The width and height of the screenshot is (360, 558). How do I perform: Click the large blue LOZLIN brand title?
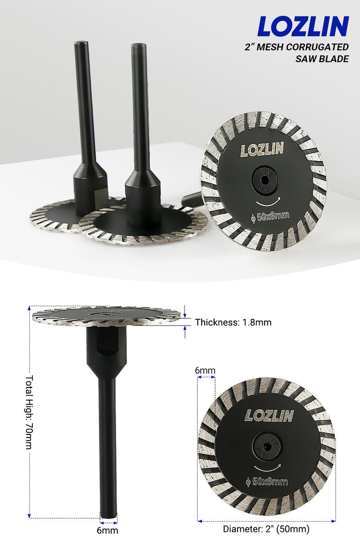click(x=303, y=27)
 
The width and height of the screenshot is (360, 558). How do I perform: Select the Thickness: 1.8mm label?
click(x=233, y=322)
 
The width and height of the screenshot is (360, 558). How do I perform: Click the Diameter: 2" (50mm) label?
click(x=266, y=529)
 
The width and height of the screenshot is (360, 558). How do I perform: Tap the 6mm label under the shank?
click(x=108, y=531)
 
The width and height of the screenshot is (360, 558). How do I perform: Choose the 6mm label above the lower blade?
click(x=205, y=370)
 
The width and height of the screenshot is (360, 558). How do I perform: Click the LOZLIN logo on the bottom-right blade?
click(x=269, y=415)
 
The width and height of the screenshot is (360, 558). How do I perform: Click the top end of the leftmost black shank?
click(x=80, y=42)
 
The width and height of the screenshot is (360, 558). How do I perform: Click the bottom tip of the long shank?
click(x=108, y=519)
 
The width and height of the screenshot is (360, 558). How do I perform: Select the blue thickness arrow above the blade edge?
click(x=185, y=310)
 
